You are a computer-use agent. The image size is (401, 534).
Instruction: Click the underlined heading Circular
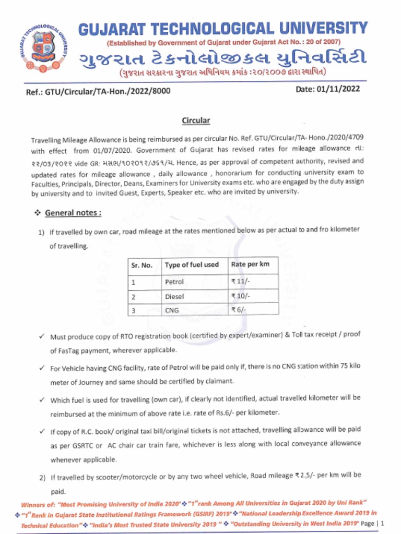coord(196,121)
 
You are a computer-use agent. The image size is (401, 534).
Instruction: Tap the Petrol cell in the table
coord(174,282)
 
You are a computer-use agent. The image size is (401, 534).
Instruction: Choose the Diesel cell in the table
coord(174,296)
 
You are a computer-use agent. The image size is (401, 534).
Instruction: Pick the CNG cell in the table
coord(172,310)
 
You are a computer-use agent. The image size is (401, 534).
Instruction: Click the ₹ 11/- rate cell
coord(241,282)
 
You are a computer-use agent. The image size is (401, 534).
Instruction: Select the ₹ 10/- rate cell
coord(241,296)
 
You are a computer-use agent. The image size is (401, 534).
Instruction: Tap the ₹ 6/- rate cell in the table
coord(239,310)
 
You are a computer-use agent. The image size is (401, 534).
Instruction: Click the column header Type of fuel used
coord(192,265)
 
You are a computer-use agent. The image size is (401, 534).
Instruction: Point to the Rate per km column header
coord(250,264)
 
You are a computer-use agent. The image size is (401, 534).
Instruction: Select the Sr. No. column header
coord(141,265)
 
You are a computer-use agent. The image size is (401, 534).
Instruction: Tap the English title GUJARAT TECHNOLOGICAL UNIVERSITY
coord(223,28)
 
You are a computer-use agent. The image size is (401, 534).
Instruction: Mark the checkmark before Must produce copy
coord(41,337)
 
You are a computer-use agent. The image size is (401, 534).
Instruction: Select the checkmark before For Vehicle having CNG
coord(41,368)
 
